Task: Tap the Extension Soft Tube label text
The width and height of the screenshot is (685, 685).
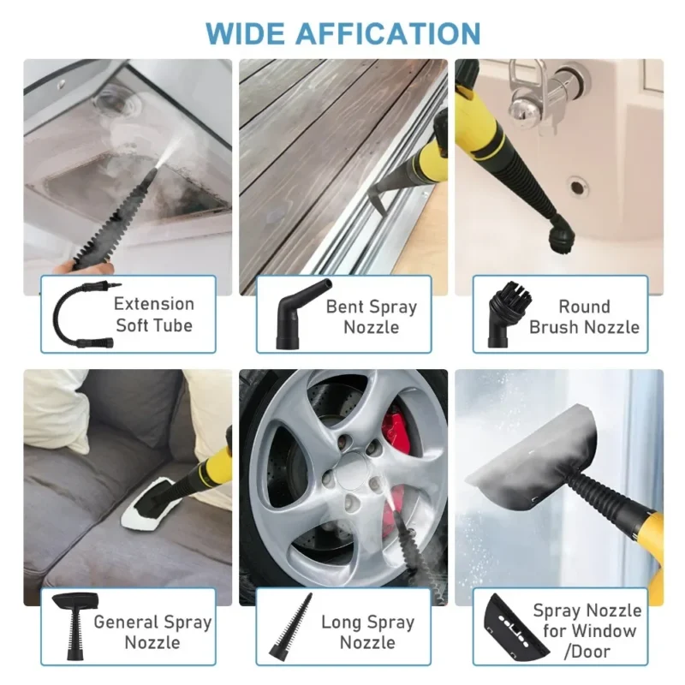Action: [154, 314]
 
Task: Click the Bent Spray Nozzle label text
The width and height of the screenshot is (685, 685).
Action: [371, 317]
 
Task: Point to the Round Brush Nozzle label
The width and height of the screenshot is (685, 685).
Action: [584, 317]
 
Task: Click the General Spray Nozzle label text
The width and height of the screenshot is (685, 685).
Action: [152, 632]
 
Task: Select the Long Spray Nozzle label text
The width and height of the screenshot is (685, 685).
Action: [368, 632]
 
